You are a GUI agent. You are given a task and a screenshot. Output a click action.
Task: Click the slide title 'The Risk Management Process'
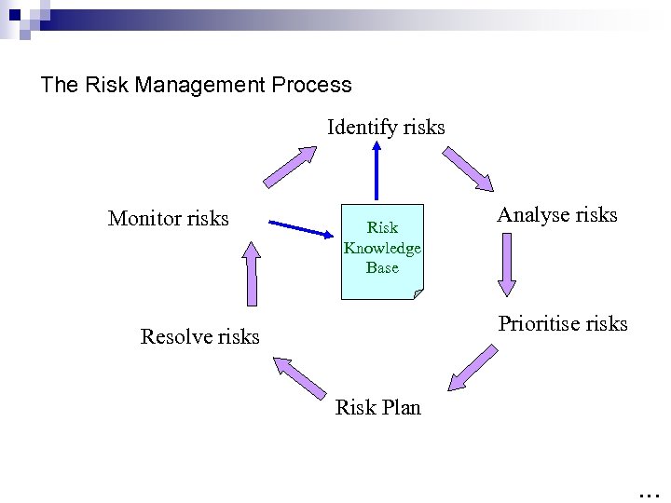pyautogui.click(x=197, y=85)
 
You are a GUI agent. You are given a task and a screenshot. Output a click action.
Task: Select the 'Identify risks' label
pyautogui.click(x=386, y=127)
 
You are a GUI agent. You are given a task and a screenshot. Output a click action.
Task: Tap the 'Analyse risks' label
pyautogui.click(x=557, y=215)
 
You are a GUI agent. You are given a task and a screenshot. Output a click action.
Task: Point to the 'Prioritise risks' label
pyautogui.click(x=563, y=324)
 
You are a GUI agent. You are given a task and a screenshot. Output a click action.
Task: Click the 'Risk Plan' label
pyautogui.click(x=377, y=407)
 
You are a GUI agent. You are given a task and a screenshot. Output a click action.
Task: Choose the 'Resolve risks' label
pyautogui.click(x=199, y=336)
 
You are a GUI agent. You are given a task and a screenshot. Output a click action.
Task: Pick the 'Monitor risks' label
pyautogui.click(x=168, y=218)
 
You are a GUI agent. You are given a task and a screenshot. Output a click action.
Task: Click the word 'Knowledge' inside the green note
pyautogui.click(x=382, y=248)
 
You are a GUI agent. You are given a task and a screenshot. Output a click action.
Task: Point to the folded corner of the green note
pyautogui.click(x=417, y=293)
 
